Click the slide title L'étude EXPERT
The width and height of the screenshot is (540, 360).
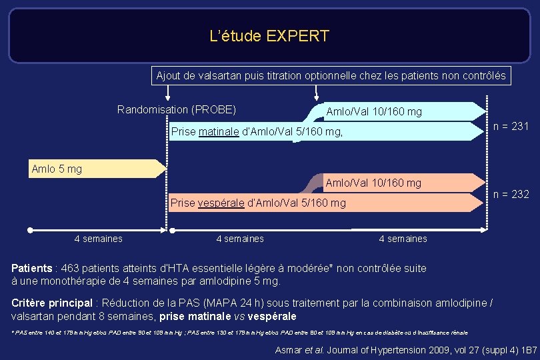point(269,36)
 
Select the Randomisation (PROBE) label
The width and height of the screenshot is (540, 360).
point(177,109)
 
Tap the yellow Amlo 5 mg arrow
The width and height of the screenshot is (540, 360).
point(96,169)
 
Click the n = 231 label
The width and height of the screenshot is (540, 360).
point(511,126)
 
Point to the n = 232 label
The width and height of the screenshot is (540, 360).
point(511,194)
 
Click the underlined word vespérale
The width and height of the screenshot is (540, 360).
point(222,203)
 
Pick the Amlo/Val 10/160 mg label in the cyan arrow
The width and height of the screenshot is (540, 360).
point(373,111)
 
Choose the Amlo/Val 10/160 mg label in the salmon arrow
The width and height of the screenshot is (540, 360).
point(373,183)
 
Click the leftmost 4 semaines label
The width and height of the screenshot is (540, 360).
point(98,239)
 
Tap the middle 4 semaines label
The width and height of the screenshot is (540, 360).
point(240,239)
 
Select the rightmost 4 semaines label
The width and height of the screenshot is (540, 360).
point(403,239)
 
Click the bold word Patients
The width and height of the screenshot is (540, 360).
point(32,269)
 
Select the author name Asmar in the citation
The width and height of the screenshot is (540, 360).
point(289,350)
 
